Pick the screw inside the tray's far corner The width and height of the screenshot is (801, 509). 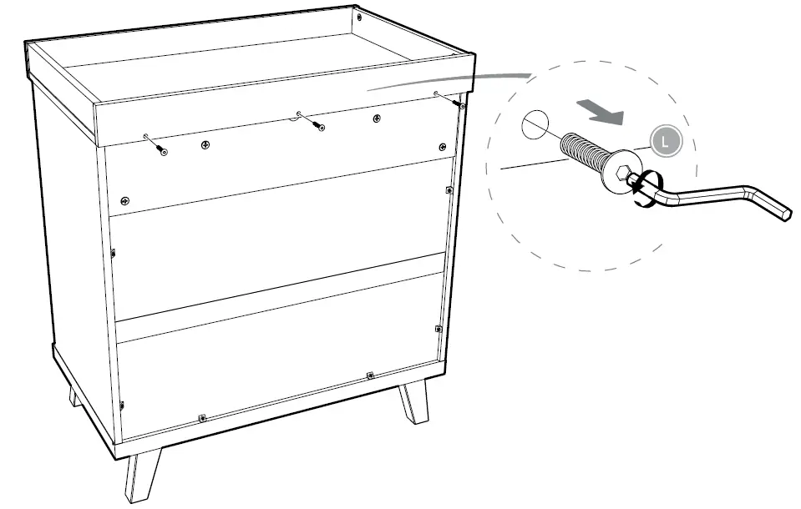(x=358, y=17)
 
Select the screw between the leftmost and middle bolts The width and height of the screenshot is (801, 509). (x=205, y=145)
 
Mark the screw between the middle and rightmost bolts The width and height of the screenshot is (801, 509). (x=377, y=118)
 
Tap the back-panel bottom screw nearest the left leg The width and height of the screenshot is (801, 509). (x=201, y=417)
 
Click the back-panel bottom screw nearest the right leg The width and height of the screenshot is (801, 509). (x=369, y=375)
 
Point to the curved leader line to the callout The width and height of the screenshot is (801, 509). (x=451, y=79)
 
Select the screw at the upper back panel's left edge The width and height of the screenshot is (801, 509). (x=124, y=200)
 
